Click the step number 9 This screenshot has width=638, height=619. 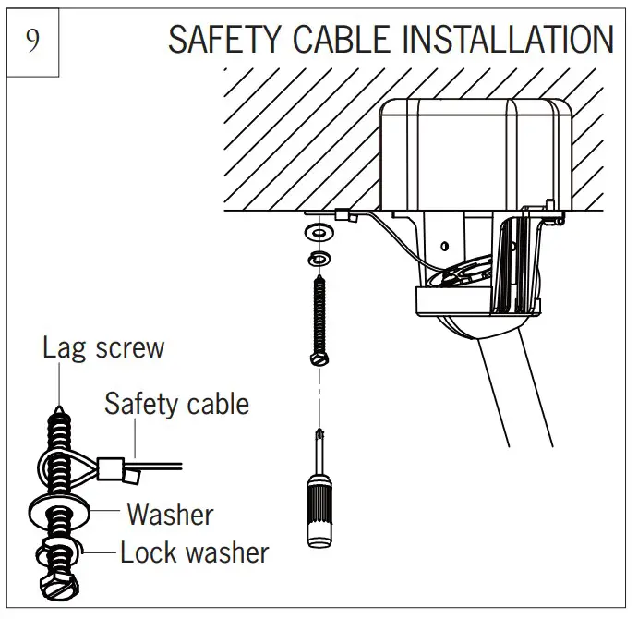tap(33, 42)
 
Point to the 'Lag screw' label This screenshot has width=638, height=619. tap(102, 347)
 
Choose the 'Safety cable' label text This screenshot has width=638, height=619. tap(176, 403)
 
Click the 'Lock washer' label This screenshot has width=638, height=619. tap(194, 552)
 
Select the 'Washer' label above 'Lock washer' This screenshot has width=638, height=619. tap(170, 513)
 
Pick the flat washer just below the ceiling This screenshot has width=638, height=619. tap(319, 229)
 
